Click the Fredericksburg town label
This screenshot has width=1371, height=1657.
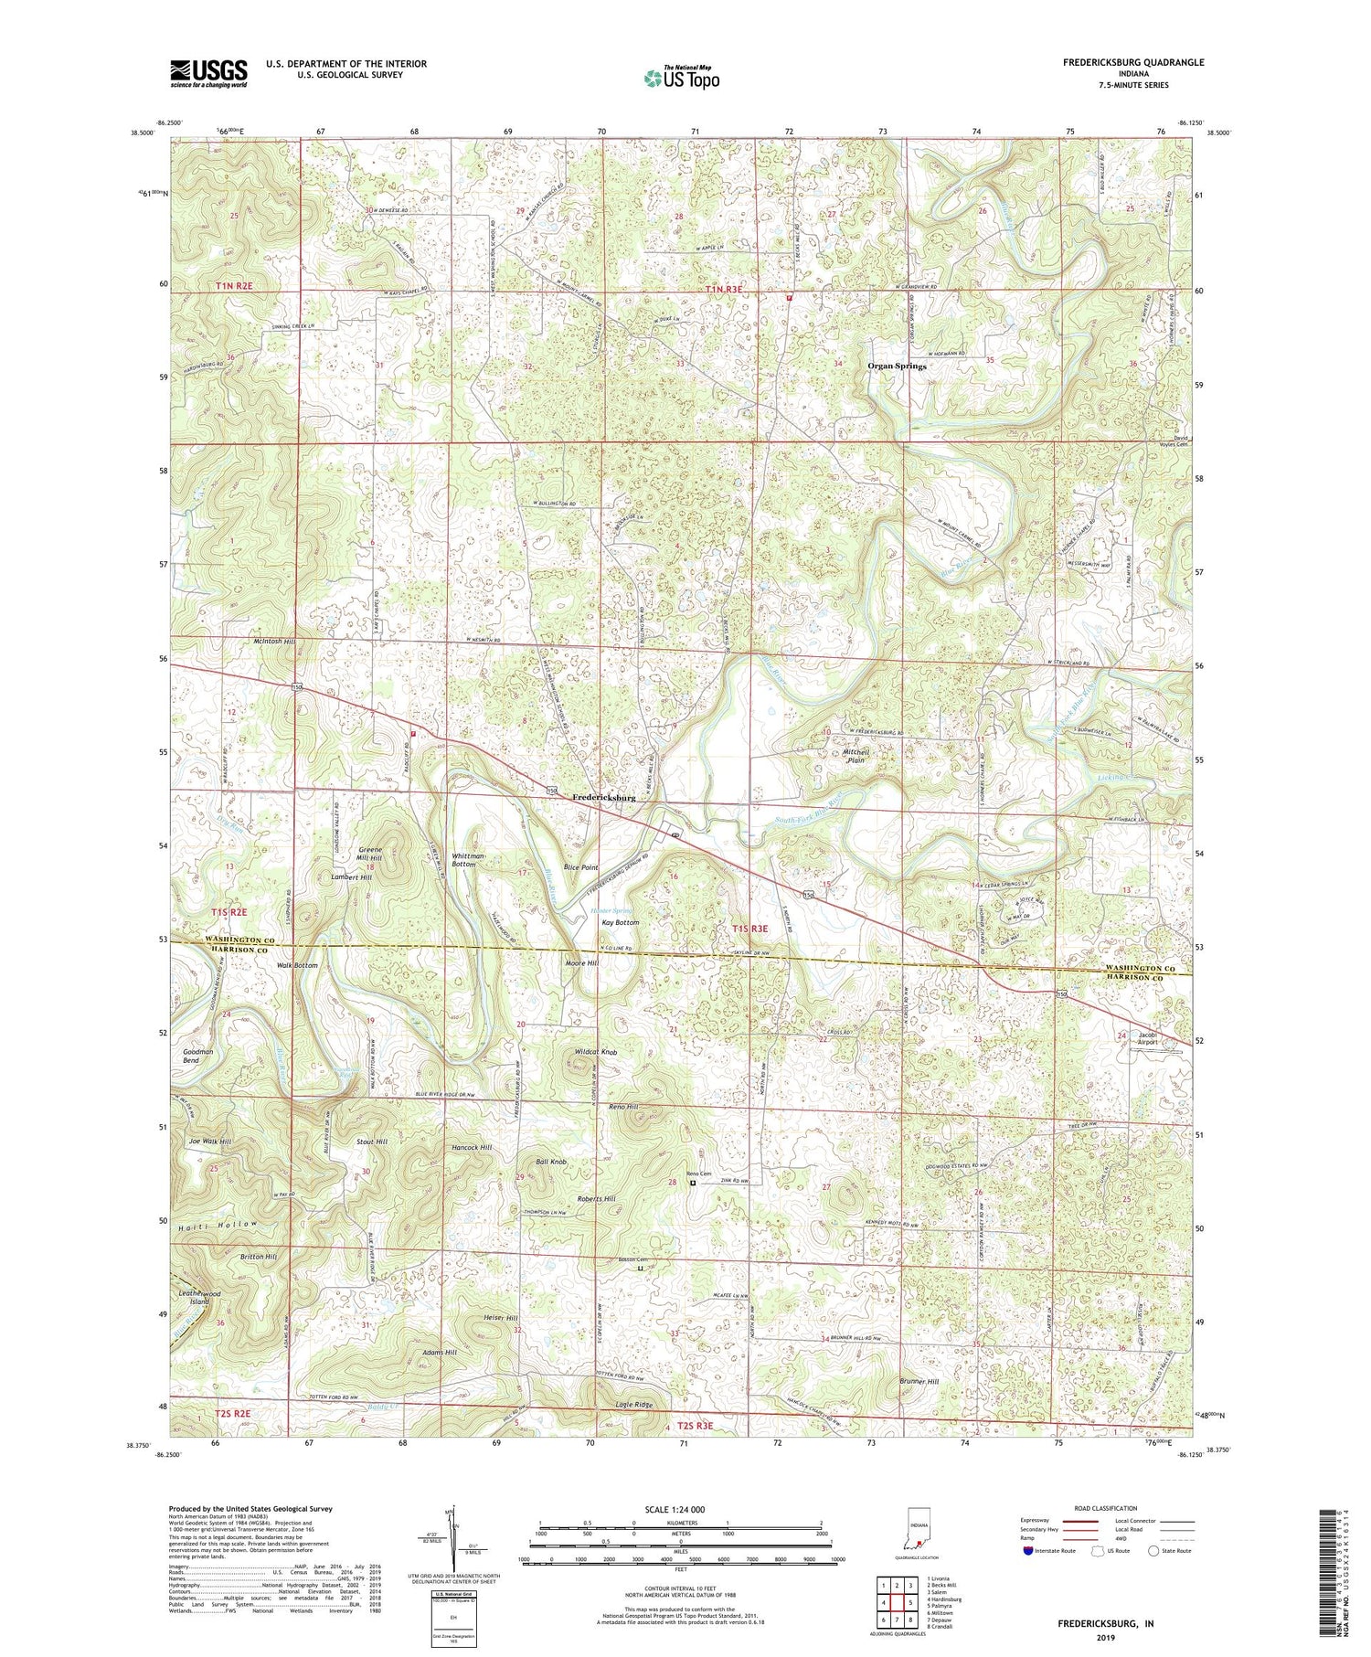click(x=603, y=797)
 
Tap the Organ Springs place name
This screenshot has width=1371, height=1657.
click(x=897, y=366)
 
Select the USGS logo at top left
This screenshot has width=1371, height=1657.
click(x=207, y=73)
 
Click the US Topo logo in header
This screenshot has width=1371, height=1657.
click(x=680, y=79)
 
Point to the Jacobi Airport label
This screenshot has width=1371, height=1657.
click(x=1148, y=1037)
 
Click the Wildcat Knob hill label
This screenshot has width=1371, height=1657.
click(x=596, y=1052)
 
